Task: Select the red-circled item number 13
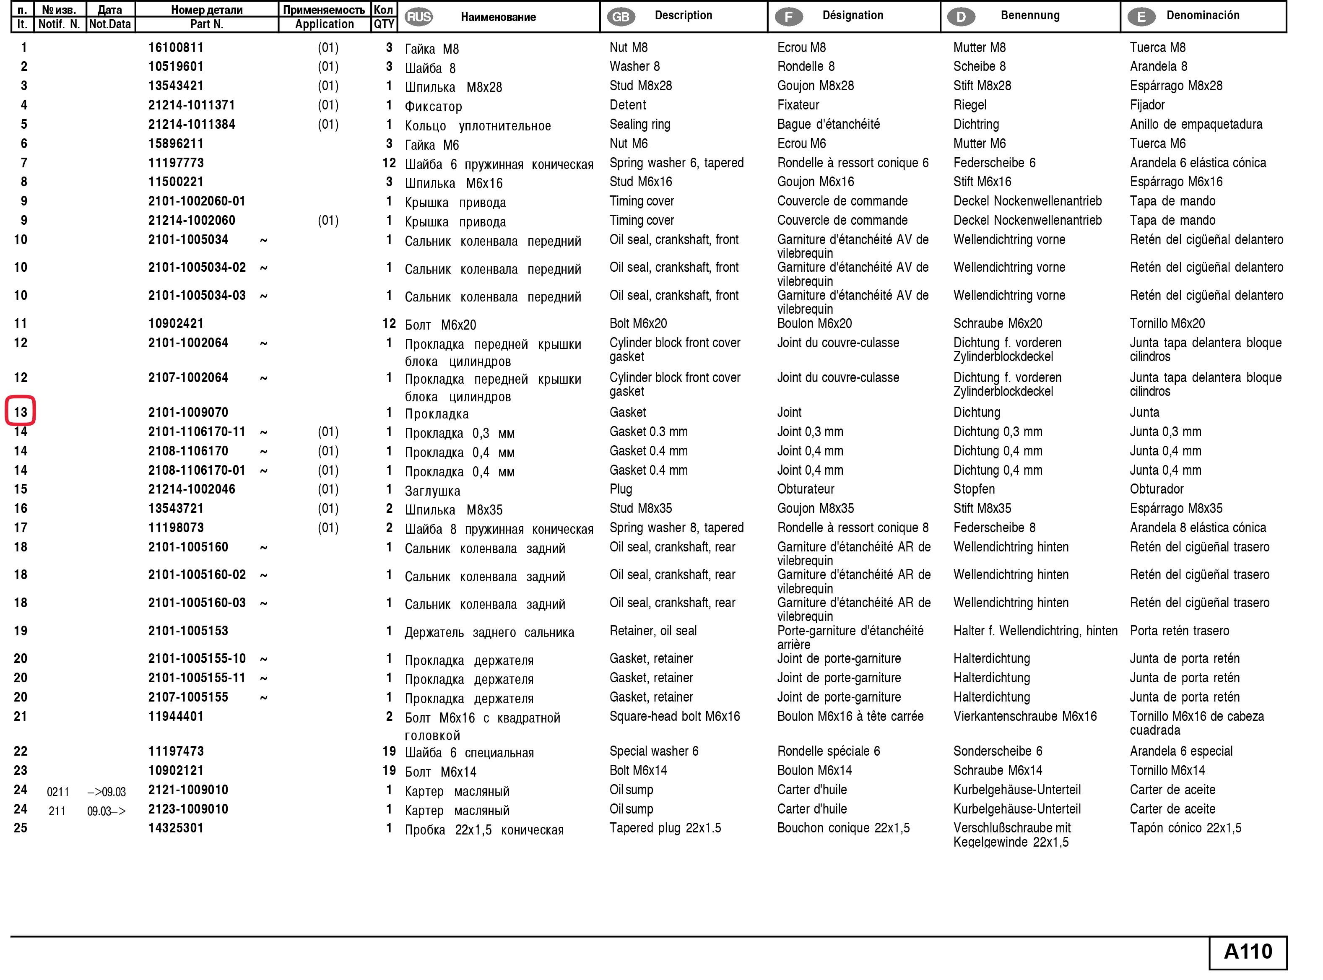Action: pos(21,412)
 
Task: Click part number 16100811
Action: pos(176,47)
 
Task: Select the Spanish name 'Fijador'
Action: pos(1147,105)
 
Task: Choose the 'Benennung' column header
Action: pos(1029,16)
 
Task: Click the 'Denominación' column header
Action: pos(1203,16)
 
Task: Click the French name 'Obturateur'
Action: pos(805,489)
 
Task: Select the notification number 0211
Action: pos(58,791)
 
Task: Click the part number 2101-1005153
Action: pos(188,631)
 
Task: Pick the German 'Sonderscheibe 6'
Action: pos(997,751)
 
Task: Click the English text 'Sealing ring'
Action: pos(639,124)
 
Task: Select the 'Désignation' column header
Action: pos(853,16)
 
